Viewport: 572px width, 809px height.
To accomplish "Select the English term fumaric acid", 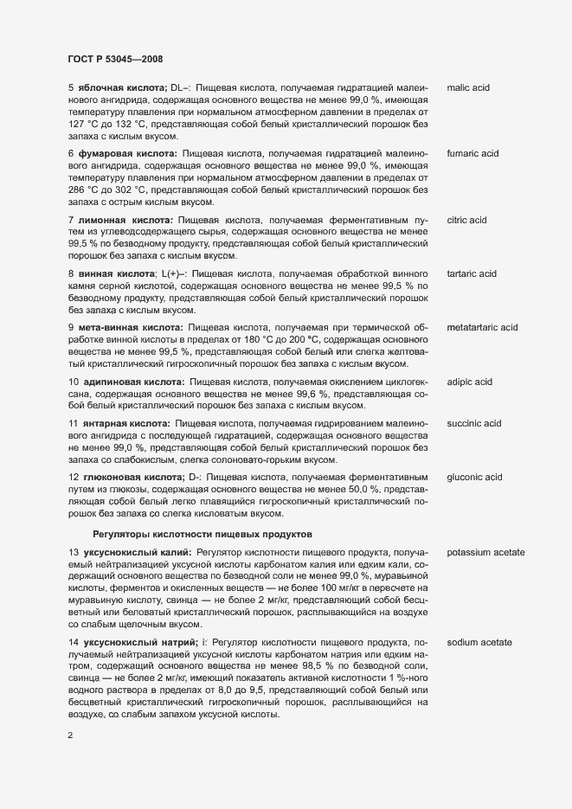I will click(x=473, y=153).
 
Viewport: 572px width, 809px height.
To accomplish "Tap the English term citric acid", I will click(x=467, y=220).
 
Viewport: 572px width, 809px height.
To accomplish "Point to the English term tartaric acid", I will click(x=472, y=274).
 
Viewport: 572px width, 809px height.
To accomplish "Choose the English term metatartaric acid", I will click(x=482, y=328).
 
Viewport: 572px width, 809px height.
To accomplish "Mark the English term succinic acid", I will click(x=474, y=423).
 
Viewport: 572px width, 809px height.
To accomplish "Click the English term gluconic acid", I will click(x=475, y=477).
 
